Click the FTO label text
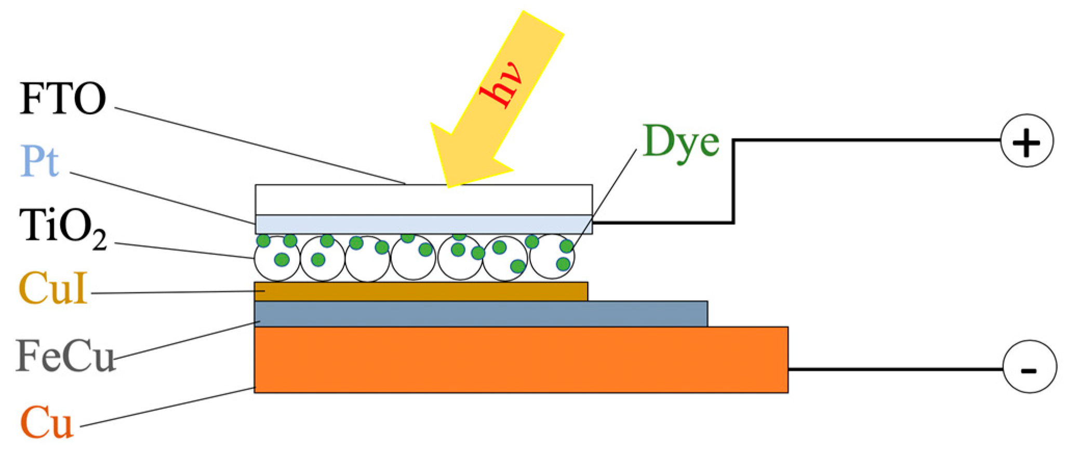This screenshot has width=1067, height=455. click(x=62, y=98)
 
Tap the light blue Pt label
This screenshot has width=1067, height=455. click(x=39, y=160)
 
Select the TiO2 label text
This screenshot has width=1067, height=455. click(x=62, y=229)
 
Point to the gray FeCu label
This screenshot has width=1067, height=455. click(x=64, y=356)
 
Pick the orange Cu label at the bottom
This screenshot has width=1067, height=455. click(x=47, y=422)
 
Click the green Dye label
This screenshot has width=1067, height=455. click(x=681, y=142)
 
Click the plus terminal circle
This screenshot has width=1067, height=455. click(x=1027, y=141)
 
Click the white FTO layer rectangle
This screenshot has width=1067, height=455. click(x=423, y=199)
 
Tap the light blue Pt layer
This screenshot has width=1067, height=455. click(x=423, y=224)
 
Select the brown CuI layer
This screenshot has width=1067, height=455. click(x=421, y=291)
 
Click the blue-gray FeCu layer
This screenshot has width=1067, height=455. click(x=481, y=314)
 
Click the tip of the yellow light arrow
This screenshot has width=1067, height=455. click(x=448, y=186)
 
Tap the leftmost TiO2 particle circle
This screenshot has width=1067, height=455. click(x=277, y=258)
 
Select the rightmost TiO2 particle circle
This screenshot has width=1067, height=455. click(x=552, y=257)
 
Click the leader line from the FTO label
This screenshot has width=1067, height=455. click(x=260, y=146)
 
